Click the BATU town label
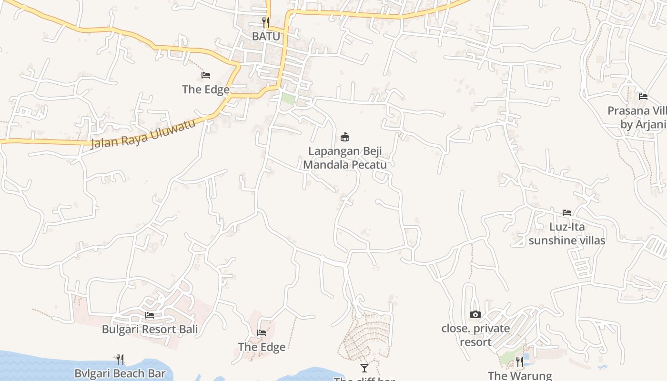(x=266, y=36)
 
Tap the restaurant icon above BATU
(x=266, y=22)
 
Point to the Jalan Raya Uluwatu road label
(x=143, y=134)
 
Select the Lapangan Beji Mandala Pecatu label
(x=345, y=158)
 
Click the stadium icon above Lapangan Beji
(x=345, y=137)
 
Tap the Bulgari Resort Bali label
(x=150, y=329)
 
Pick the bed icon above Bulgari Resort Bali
(x=150, y=315)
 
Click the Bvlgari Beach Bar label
(x=120, y=373)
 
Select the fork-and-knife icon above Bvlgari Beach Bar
(x=120, y=359)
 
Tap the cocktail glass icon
(x=364, y=368)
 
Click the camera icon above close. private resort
(x=475, y=314)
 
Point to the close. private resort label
(x=475, y=335)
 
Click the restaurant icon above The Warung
(x=520, y=362)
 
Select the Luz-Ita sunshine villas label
(x=567, y=233)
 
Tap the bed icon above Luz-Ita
(x=567, y=212)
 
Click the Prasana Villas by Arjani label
(x=638, y=118)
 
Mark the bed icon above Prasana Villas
(x=643, y=97)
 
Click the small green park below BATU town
(x=287, y=99)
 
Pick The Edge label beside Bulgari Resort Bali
(x=262, y=347)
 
